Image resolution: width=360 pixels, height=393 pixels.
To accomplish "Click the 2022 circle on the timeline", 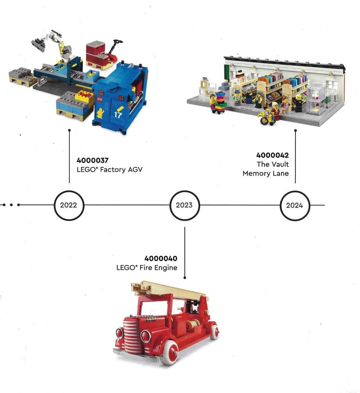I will pyautogui.click(x=69, y=205).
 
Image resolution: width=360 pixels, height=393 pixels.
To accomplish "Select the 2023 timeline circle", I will pyautogui.click(x=184, y=205).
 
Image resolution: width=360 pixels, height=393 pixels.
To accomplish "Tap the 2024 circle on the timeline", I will pyautogui.click(x=295, y=205).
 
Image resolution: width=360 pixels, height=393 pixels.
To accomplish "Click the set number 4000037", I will pyautogui.click(x=93, y=160).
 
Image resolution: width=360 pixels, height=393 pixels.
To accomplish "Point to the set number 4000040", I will pyautogui.click(x=161, y=258).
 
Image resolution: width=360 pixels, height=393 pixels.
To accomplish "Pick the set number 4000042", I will pyautogui.click(x=273, y=155).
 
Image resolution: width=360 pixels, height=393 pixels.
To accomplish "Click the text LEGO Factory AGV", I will pyautogui.click(x=109, y=169).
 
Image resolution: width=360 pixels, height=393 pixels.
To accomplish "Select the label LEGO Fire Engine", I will pyautogui.click(x=147, y=268).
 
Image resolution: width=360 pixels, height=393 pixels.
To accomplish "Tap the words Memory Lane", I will pyautogui.click(x=266, y=173).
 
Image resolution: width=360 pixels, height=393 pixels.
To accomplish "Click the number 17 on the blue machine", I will pyautogui.click(x=118, y=116).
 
